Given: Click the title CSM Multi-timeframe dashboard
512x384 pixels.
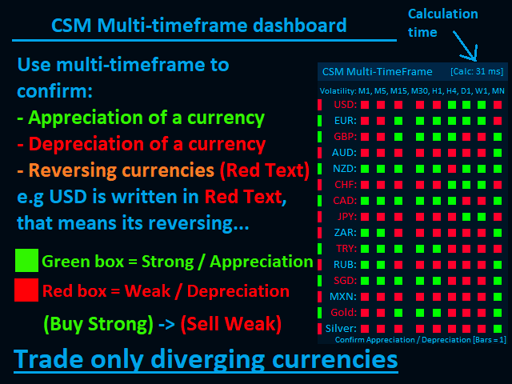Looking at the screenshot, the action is [x=199, y=26].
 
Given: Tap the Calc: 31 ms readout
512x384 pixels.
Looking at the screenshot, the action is [x=477, y=71].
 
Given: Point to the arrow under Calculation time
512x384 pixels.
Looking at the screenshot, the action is [x=466, y=46].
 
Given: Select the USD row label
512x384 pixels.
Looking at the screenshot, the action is [x=346, y=105].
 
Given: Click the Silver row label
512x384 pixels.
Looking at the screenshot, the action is [x=341, y=329].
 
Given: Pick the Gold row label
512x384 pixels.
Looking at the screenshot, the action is [x=344, y=313].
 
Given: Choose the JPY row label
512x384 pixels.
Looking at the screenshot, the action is [x=346, y=217].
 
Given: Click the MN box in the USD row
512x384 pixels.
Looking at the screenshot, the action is [x=498, y=105].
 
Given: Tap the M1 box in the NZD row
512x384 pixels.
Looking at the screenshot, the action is [x=365, y=169].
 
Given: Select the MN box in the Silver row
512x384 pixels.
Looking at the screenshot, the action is [x=498, y=329].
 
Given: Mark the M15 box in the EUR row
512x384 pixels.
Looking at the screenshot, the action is [x=398, y=121].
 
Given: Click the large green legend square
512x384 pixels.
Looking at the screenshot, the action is [x=26, y=260].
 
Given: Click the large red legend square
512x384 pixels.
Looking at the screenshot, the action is [x=26, y=290].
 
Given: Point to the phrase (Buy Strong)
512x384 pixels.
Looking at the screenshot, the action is [x=98, y=324].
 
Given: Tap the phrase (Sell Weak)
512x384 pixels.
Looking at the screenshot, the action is [x=231, y=324].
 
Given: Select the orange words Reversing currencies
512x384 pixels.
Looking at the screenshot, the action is [x=122, y=170].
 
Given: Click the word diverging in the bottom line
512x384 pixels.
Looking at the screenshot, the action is [x=208, y=359].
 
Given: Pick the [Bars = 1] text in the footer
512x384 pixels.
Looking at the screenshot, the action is [x=490, y=340].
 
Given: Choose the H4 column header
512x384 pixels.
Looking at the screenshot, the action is [x=451, y=90].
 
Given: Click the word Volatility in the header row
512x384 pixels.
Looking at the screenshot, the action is [x=338, y=90].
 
